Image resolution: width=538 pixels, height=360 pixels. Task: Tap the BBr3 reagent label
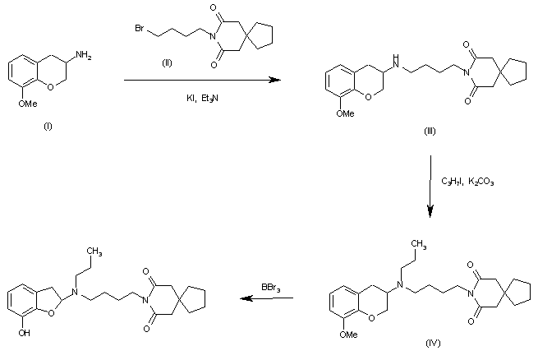pos(269,287)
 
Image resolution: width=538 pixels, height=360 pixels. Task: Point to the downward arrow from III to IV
pos(430,189)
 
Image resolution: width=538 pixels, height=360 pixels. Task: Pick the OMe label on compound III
pos(344,113)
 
